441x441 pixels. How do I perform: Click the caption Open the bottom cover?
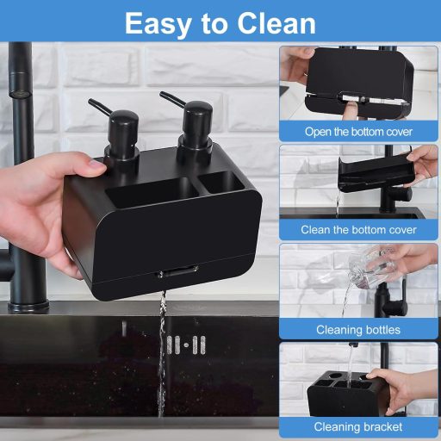[x=358, y=133]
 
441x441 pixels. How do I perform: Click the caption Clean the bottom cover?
[x=358, y=230]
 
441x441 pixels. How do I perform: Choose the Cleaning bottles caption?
[x=358, y=329]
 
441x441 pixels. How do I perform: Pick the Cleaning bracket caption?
[x=358, y=426]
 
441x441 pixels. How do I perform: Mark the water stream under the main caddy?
[x=161, y=345]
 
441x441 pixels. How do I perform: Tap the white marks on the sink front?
[x=186, y=345]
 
